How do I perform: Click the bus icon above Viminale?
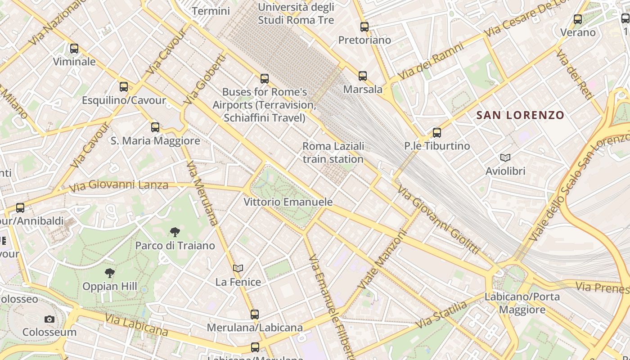[x=74, y=48]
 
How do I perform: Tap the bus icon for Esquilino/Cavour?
[x=124, y=87]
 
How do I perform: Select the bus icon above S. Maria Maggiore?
[x=155, y=127]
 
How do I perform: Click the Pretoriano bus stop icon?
[x=364, y=27]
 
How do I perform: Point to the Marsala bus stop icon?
[x=363, y=76]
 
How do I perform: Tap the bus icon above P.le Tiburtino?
[x=437, y=133]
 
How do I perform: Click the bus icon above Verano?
[x=578, y=19]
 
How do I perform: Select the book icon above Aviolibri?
[x=505, y=157]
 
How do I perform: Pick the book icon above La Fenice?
[x=238, y=268]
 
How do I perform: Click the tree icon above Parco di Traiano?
[x=175, y=232]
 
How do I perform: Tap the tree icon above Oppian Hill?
[x=109, y=273]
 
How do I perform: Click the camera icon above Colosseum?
[x=49, y=319]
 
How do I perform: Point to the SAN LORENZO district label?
[x=520, y=115]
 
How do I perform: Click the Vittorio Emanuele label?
[x=288, y=202]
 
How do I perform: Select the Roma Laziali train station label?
[x=333, y=153]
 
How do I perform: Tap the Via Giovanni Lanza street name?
[x=119, y=185]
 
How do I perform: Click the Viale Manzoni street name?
[x=382, y=261]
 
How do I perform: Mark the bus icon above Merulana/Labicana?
[x=255, y=315]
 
